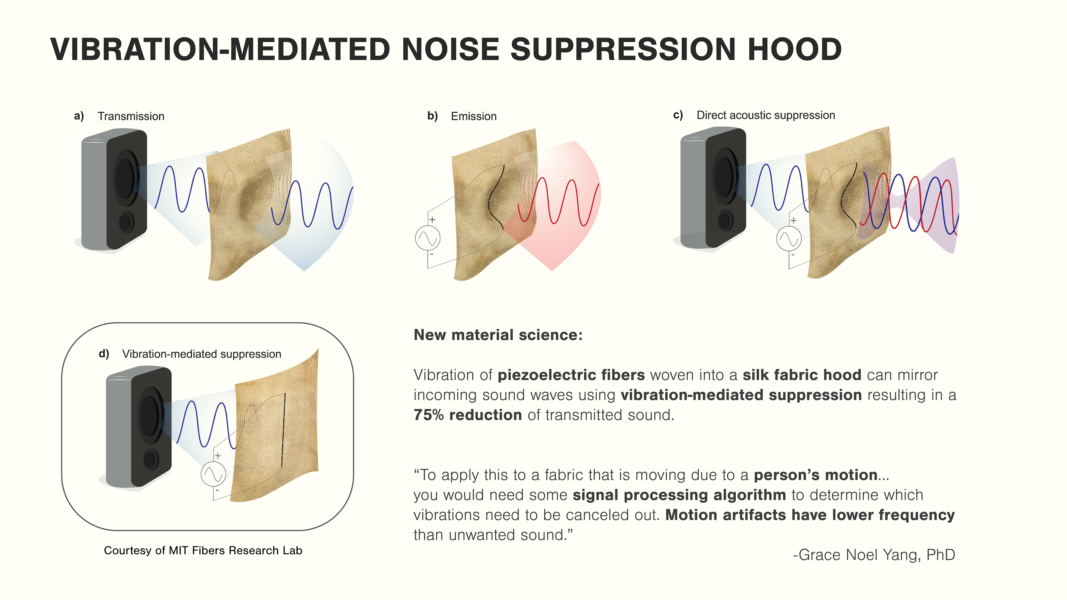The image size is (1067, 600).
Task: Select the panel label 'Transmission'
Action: pyautogui.click(x=131, y=116)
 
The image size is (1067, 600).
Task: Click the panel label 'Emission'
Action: pyautogui.click(x=473, y=116)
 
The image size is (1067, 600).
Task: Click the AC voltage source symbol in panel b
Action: pyautogui.click(x=427, y=238)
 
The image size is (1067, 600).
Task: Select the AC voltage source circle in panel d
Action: pyautogui.click(x=213, y=474)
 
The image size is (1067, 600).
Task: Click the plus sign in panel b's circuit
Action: pyautogui.click(x=432, y=219)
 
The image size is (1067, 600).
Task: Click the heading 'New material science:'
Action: pyautogui.click(x=498, y=334)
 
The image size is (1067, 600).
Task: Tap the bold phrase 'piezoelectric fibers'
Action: pyautogui.click(x=571, y=375)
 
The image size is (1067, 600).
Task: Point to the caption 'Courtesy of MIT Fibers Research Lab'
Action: pyautogui.click(x=203, y=550)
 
